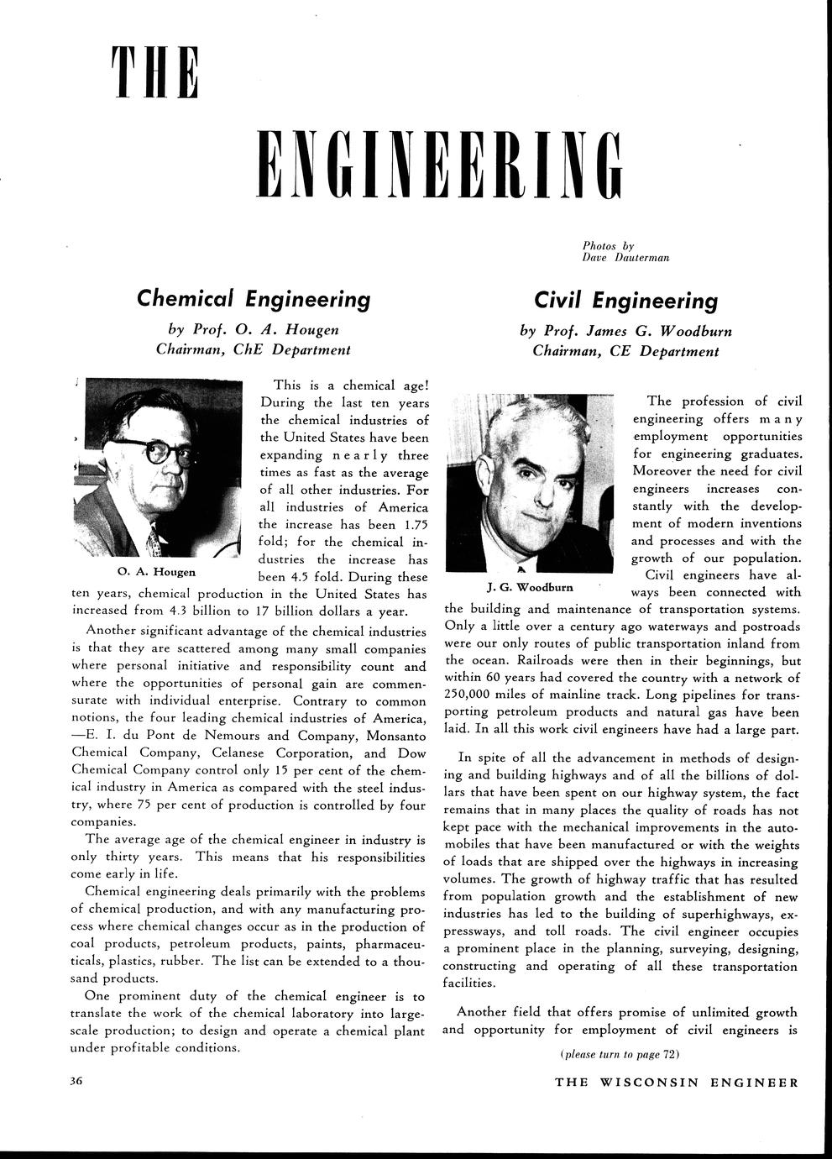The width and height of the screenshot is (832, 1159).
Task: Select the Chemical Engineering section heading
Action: pyautogui.click(x=253, y=298)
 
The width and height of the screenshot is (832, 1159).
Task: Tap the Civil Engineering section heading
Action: pyautogui.click(x=625, y=300)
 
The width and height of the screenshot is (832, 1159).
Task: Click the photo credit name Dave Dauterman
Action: pyautogui.click(x=625, y=257)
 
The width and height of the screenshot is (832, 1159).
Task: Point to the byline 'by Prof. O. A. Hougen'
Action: pyautogui.click(x=253, y=328)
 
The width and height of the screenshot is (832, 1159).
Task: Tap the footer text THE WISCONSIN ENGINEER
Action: pyautogui.click(x=677, y=1082)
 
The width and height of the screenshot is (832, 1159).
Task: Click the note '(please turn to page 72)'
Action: pyautogui.click(x=619, y=1054)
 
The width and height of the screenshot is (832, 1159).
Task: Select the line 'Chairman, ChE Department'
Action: pyautogui.click(x=253, y=349)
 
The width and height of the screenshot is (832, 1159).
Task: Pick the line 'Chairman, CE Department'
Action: pyautogui.click(x=625, y=350)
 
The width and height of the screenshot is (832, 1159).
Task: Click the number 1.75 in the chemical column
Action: pyautogui.click(x=406, y=524)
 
